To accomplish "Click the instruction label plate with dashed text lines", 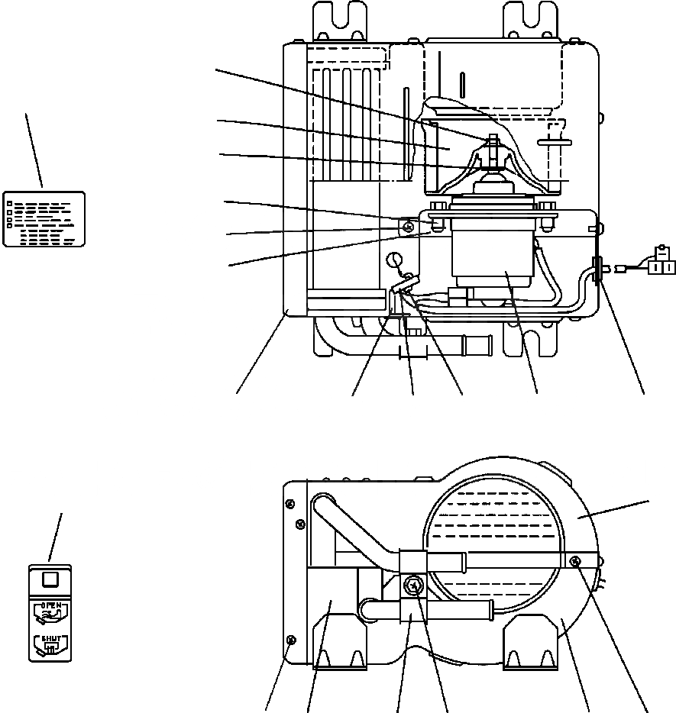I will pyautogui.click(x=44, y=218).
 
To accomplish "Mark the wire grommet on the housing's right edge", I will pyautogui.click(x=596, y=269).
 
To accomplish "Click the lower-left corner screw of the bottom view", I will pyautogui.click(x=289, y=640).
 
